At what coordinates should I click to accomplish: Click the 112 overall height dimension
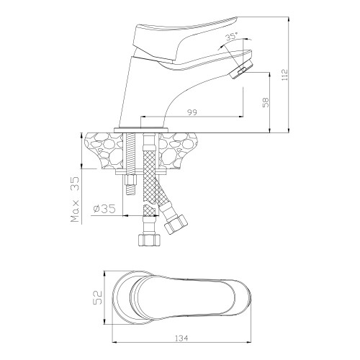[x=285, y=75]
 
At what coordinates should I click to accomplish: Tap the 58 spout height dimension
[x=266, y=102]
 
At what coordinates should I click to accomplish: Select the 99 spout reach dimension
[x=192, y=112]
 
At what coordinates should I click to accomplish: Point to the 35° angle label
[x=232, y=37]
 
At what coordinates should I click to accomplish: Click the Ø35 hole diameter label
[x=104, y=209]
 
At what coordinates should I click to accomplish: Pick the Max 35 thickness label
[x=75, y=199]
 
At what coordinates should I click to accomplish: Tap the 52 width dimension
[x=97, y=297]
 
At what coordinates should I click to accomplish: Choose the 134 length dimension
[x=181, y=338]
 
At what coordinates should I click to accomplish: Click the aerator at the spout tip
[x=241, y=69]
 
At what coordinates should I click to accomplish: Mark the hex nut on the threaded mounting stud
[x=130, y=180]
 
